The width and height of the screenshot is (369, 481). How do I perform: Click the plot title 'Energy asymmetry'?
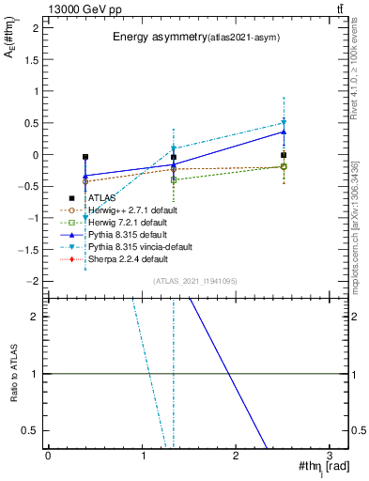154,38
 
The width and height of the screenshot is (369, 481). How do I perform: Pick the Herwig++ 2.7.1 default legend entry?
131,209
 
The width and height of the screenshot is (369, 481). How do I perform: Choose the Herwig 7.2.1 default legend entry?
128,222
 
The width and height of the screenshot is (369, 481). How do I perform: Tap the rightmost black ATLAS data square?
284,155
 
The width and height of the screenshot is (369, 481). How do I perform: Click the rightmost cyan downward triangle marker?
284,122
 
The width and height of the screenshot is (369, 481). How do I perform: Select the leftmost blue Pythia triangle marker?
85,176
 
